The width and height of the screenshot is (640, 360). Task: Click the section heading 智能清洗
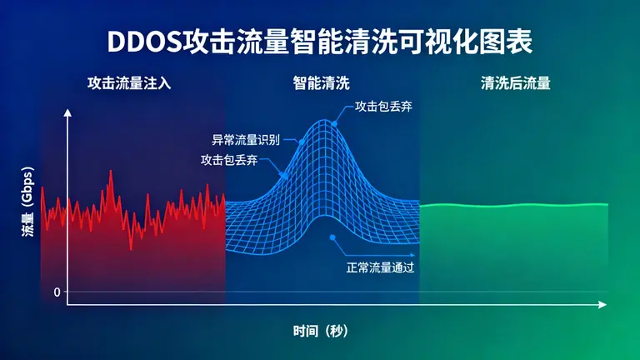coord(321,83)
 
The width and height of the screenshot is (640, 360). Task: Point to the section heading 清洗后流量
coord(515,83)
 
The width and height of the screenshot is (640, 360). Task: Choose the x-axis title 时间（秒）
coord(321,331)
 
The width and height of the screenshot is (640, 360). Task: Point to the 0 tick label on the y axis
coord(57,292)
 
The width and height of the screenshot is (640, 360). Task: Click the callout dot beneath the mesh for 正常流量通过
coord(332,237)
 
